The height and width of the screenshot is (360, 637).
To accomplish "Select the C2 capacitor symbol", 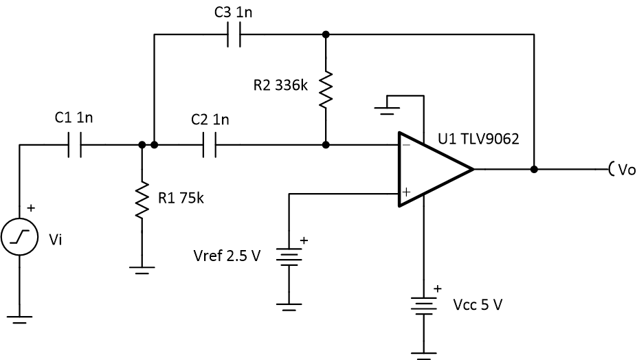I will pyautogui.click(x=210, y=145).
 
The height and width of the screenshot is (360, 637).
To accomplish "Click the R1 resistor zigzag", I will pyautogui.click(x=142, y=199).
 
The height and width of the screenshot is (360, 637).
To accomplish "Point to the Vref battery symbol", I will pyautogui.click(x=289, y=256).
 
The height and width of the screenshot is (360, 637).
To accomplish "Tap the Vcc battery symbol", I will pyautogui.click(x=423, y=304).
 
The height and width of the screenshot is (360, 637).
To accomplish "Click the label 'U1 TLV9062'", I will pyautogui.click(x=478, y=140).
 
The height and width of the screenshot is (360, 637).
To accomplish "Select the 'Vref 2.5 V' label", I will pyautogui.click(x=227, y=256).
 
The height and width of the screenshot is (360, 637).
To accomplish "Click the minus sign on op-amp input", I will pyautogui.click(x=406, y=145).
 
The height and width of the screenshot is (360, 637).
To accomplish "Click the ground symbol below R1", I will pyautogui.click(x=142, y=269).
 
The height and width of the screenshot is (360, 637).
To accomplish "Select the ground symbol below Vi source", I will pyautogui.click(x=19, y=319).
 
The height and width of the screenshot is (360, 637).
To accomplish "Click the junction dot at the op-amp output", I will pyautogui.click(x=534, y=169).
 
